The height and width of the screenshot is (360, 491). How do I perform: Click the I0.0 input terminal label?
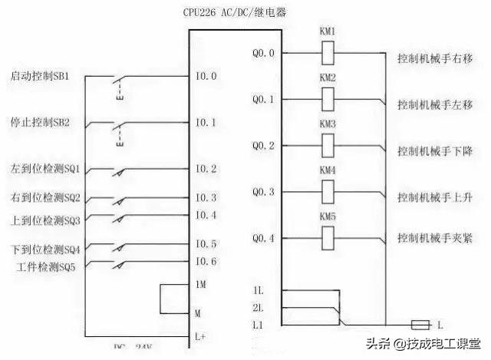(206, 77)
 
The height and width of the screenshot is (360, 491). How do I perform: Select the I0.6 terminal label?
(206, 263)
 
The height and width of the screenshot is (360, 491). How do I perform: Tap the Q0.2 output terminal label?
(265, 145)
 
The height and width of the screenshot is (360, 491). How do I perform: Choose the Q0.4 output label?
(265, 238)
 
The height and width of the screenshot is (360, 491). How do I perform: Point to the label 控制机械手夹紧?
(434, 239)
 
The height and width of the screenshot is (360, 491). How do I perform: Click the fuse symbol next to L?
(420, 325)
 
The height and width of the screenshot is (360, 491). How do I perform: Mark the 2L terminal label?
(258, 309)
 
